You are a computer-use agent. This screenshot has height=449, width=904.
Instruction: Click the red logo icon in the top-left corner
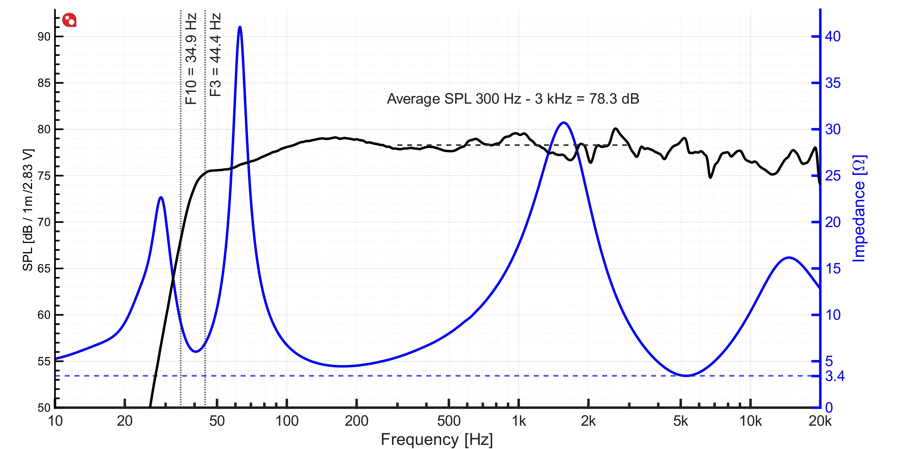[x=69, y=20]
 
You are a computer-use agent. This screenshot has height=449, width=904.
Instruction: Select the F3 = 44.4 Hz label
[x=215, y=55]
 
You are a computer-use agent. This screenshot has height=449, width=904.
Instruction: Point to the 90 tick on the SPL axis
[x=44, y=37]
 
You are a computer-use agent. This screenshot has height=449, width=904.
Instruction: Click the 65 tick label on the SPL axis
[x=44, y=269]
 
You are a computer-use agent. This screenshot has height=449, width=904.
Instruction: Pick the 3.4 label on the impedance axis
[x=835, y=376]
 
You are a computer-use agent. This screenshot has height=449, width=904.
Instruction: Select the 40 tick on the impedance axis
[x=832, y=37]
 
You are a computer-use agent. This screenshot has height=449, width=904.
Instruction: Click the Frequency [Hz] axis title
[x=437, y=440]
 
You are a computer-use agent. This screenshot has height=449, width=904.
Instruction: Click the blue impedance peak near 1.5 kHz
[x=564, y=123]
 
